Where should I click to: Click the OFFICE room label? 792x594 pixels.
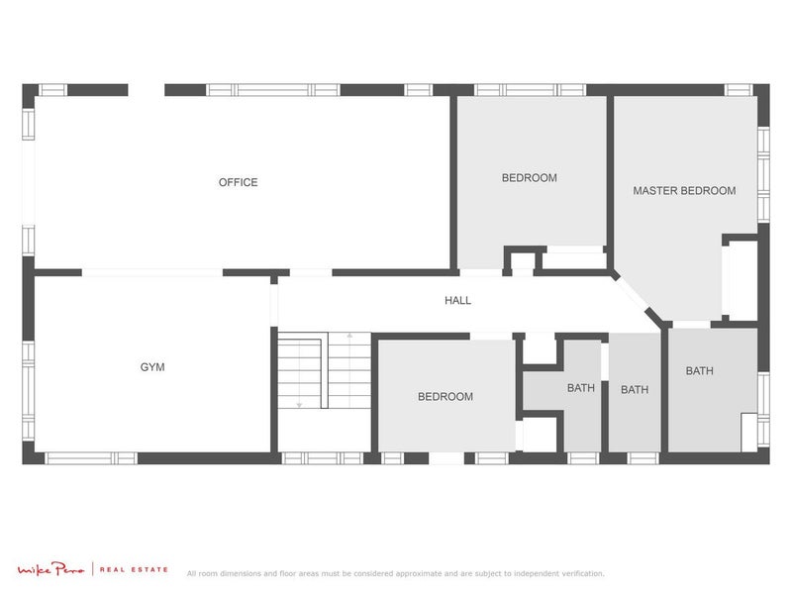coord(238,182)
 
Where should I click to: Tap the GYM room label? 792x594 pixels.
coord(152,367)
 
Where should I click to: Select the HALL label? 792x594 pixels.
coord(457,301)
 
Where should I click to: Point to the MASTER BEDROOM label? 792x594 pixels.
coord(684,190)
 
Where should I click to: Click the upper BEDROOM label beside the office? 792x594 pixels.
coord(529,178)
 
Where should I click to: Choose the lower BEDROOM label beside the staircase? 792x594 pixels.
coord(445,397)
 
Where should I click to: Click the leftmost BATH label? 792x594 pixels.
coord(581,388)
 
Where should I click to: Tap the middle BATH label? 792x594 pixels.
coord(635,390)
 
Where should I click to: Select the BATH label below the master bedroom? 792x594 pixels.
coord(699,371)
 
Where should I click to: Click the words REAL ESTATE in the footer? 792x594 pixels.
coord(134,570)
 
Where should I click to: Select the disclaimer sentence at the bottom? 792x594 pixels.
coord(395,573)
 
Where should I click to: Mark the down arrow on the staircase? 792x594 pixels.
coord(299,404)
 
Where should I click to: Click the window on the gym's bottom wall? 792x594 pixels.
coord(91,458)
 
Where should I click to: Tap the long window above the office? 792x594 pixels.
coord(273,89)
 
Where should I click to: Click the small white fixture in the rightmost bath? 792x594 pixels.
coord(749,432)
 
